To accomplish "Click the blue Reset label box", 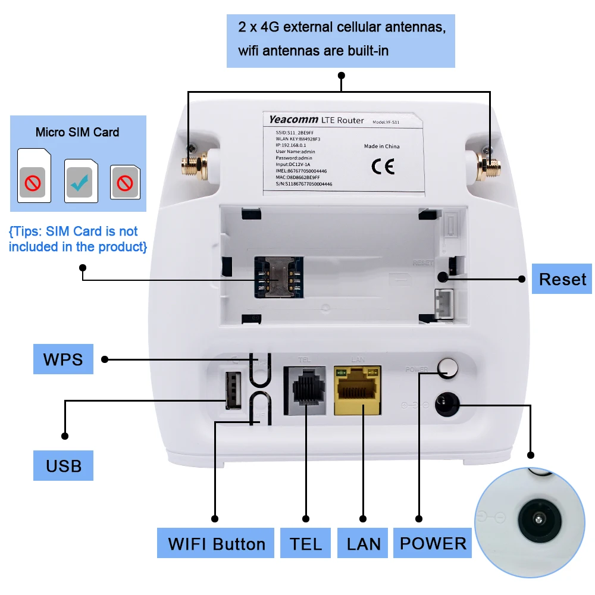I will [x=562, y=278].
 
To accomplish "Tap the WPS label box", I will [x=63, y=359].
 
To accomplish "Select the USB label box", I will [x=64, y=465].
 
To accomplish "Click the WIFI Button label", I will [x=216, y=543].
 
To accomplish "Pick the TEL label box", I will [x=306, y=543].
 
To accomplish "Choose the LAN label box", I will [x=363, y=543].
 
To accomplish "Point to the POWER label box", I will [x=433, y=543].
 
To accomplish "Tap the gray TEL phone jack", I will [x=305, y=390].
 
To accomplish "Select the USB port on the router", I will [x=232, y=390].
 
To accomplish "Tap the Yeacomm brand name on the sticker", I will [x=293, y=120].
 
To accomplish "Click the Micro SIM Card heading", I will [x=77, y=132].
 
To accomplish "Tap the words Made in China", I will [x=382, y=146].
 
